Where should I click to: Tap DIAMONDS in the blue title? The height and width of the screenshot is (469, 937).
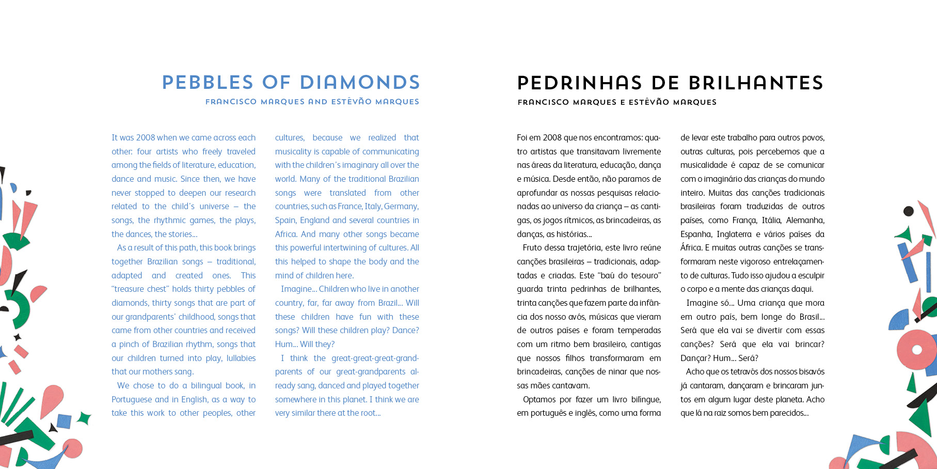360,83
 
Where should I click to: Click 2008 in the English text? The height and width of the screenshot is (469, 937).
146,138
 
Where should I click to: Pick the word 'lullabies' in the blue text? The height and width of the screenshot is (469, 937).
241,358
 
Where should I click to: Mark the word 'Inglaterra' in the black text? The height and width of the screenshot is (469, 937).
734,234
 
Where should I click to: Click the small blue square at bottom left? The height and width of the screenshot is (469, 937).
64,421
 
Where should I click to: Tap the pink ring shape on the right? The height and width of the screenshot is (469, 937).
916,350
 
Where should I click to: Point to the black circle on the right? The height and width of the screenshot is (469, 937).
908,211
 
